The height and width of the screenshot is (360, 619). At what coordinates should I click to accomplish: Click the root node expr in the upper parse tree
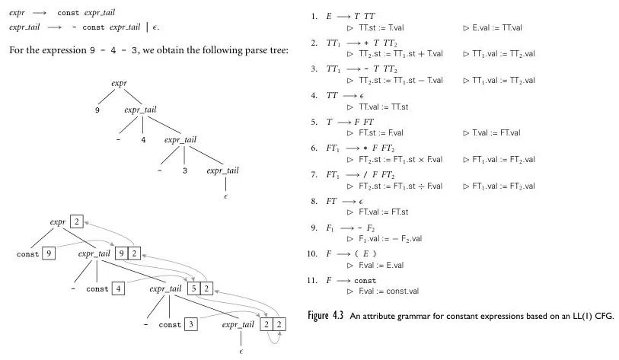[x=118, y=82]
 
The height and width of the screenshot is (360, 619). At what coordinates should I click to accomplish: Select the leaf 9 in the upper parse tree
[x=97, y=111]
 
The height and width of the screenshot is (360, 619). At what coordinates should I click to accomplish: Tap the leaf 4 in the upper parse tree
[x=142, y=139]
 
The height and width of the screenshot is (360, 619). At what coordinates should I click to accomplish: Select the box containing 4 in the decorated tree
[x=119, y=288]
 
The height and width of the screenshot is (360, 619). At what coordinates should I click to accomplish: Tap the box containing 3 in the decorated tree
[x=190, y=325]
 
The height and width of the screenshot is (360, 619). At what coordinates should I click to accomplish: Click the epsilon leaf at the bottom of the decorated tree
[x=241, y=352]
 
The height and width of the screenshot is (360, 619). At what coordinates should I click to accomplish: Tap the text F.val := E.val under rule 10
[x=380, y=264]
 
